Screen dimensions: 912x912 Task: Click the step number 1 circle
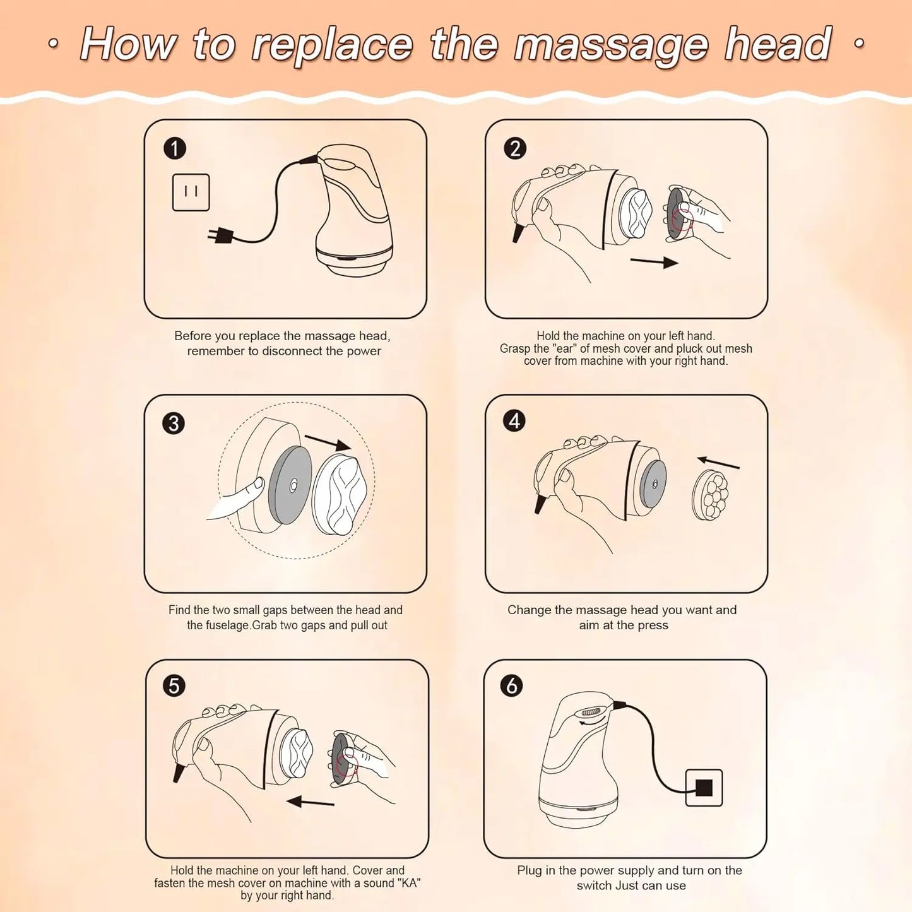click(175, 149)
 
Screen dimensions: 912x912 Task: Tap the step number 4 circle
click(514, 420)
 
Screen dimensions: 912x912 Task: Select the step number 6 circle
click(511, 685)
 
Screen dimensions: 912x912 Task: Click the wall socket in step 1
click(191, 192)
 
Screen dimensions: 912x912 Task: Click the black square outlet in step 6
click(704, 788)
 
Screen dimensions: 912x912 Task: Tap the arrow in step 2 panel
click(654, 261)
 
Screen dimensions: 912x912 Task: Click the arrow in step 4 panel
click(718, 463)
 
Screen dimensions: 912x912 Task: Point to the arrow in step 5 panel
click(310, 802)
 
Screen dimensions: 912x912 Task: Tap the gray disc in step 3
click(290, 485)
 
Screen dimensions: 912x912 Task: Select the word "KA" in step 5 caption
click(410, 883)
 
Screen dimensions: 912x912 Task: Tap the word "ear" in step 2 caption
click(566, 348)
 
